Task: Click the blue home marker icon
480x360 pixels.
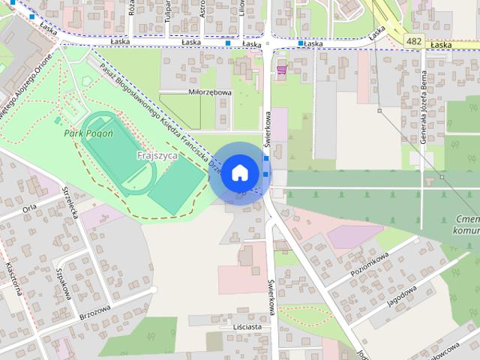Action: click(x=238, y=172)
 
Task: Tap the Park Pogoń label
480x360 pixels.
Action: click(x=88, y=133)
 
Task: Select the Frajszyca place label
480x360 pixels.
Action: click(x=157, y=155)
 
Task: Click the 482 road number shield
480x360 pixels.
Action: click(x=412, y=39)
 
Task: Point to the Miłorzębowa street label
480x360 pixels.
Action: click(x=210, y=93)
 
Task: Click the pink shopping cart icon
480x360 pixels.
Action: click(x=281, y=70)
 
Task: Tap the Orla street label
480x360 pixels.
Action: click(x=30, y=208)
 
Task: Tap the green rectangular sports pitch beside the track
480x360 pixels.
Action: click(x=175, y=184)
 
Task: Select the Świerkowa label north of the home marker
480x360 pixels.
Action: click(x=267, y=127)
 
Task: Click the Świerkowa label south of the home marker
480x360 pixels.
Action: click(x=270, y=296)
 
